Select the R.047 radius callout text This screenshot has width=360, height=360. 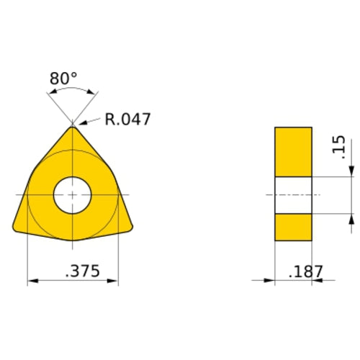pos(127,119)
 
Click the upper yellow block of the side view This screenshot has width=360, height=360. pos(293,151)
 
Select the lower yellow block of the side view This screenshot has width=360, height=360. pos(293,227)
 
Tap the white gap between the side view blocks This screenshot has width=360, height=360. pos(293,194)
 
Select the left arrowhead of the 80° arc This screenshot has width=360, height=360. pos(53,92)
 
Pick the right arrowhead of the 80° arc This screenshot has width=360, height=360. pos(91,92)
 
